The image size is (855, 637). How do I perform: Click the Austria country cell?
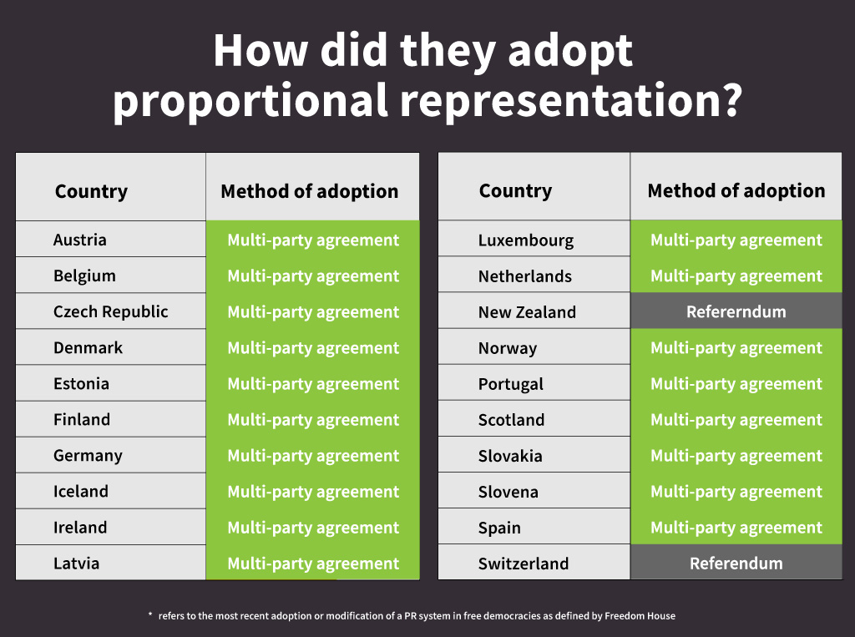tap(80, 240)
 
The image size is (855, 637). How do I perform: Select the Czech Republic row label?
tap(110, 312)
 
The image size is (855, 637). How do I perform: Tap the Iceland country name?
tap(81, 492)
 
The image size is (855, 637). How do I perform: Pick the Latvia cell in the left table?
tap(76, 564)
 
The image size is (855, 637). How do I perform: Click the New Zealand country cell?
tap(527, 312)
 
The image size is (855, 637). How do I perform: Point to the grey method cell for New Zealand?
tap(736, 312)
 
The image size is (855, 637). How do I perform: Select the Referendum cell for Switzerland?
tap(736, 564)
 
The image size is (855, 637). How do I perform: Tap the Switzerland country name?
tap(523, 564)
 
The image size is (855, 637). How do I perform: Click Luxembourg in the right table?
tap(525, 240)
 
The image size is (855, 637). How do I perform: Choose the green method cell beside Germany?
tap(313, 456)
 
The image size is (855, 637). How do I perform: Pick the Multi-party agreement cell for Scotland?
tap(736, 420)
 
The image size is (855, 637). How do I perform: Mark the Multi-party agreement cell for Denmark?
tap(313, 348)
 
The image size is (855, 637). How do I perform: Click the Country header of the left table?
tap(91, 191)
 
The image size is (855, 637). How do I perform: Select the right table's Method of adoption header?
tap(736, 190)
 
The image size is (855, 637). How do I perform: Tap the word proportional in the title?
tap(250, 102)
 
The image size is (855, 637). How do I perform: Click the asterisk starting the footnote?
tap(150, 615)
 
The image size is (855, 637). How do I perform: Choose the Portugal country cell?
tap(510, 384)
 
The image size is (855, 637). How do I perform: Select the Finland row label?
tap(82, 420)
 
